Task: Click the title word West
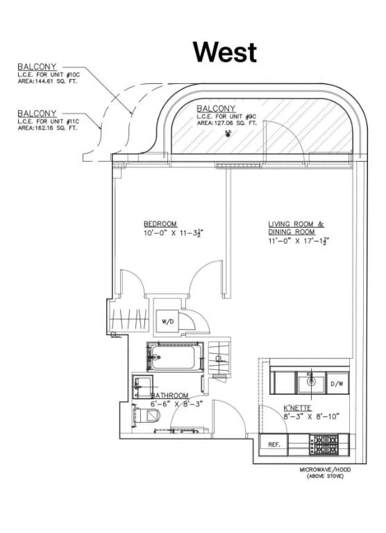(x=224, y=52)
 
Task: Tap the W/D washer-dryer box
(x=167, y=322)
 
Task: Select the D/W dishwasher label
(x=337, y=383)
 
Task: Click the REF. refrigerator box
(x=274, y=444)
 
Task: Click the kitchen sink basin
(x=312, y=381)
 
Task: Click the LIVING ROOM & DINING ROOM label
(x=296, y=228)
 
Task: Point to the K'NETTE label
(x=296, y=408)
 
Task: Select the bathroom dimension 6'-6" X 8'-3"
(x=176, y=403)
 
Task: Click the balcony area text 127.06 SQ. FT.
(x=226, y=123)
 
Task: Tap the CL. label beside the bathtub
(x=219, y=358)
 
